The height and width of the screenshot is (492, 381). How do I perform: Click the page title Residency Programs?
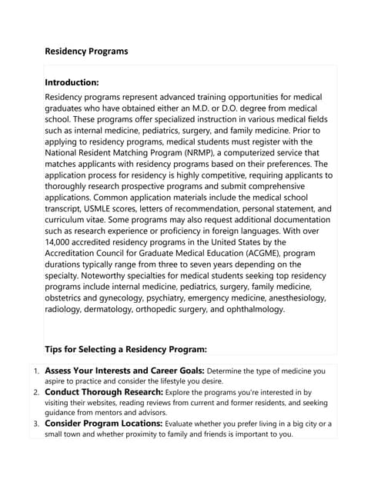coord(86,52)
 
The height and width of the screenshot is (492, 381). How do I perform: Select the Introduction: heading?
coord(72,81)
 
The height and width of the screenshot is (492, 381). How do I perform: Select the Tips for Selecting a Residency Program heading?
coord(125,348)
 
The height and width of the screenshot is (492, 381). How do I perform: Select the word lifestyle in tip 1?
coord(176,381)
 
